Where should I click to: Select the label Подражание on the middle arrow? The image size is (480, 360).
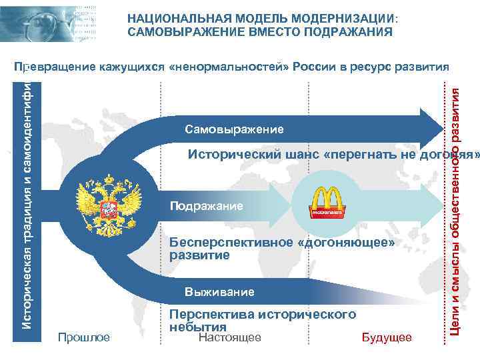(x=207, y=207)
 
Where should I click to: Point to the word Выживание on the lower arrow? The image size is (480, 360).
(x=219, y=292)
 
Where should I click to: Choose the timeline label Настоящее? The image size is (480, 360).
(x=229, y=337)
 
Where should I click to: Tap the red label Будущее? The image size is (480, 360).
(x=386, y=337)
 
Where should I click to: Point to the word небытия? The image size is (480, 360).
(x=198, y=327)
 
